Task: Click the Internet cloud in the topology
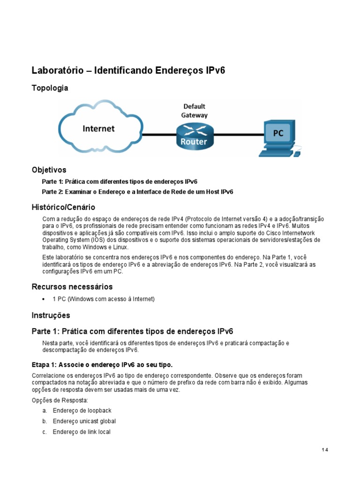pyautogui.click(x=99, y=128)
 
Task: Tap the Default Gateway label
pyautogui.click(x=195, y=111)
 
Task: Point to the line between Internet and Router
pyautogui.click(x=159, y=135)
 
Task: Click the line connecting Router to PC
pyautogui.click(x=236, y=135)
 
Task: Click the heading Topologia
pyautogui.click(x=50, y=88)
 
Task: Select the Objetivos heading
pyautogui.click(x=49, y=170)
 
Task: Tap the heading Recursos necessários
pyautogui.click(x=72, y=286)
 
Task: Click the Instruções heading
pyautogui.click(x=51, y=315)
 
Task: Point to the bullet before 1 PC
pyautogui.click(x=44, y=299)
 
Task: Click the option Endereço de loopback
pyautogui.click(x=82, y=411)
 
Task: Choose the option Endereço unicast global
pyautogui.click(x=84, y=421)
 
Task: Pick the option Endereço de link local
pyautogui.click(x=82, y=432)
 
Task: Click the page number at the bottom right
pyautogui.click(x=325, y=450)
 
